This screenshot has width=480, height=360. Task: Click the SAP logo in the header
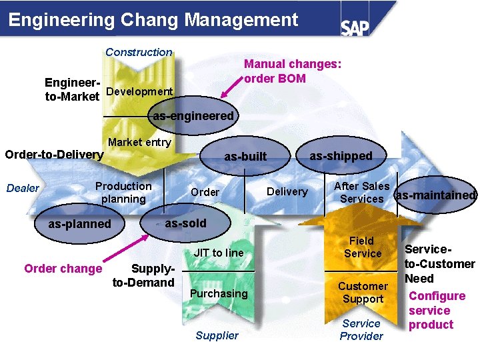pos(355,27)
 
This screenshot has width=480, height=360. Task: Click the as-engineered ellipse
pos(193,115)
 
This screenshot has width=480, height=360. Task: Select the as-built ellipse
pos(245,157)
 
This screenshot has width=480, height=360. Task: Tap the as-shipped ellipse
pos(341,155)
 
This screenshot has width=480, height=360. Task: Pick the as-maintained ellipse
pos(435,195)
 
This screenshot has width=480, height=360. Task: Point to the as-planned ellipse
pos(80,223)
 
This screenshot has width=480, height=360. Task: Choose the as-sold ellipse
pos(185,223)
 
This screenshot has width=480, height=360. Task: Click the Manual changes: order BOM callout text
pos(293,71)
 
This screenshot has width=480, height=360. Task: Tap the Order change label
pos(63,269)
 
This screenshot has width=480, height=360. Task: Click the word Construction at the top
pos(139,52)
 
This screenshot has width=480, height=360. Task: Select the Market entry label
pos(139,142)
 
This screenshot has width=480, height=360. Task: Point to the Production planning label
pos(123,193)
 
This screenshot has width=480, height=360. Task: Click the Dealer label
pos(23,188)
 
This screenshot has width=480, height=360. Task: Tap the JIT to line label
pos(218,253)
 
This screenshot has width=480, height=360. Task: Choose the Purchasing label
pos(219,293)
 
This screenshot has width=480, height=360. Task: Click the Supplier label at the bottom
pos(217,335)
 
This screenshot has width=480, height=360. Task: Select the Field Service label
pos(363,247)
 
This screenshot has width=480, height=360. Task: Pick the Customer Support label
pos(363,293)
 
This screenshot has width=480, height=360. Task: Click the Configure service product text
pos(437,310)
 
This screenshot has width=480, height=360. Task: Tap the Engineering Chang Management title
pos(153,20)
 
